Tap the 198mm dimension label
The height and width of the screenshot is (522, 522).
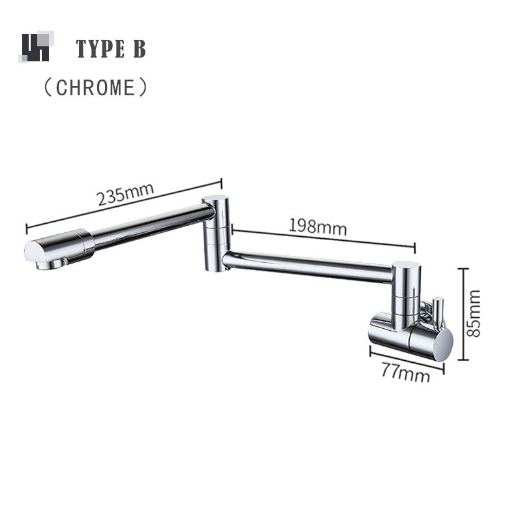(x=318, y=226)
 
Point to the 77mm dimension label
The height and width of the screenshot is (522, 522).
(x=405, y=374)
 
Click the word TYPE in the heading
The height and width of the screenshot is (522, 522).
(x=99, y=48)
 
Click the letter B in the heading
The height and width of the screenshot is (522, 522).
(x=139, y=48)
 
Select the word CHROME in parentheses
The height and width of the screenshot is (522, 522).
(x=95, y=87)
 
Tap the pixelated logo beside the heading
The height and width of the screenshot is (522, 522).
(x=36, y=47)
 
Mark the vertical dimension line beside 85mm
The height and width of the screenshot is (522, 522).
(x=463, y=313)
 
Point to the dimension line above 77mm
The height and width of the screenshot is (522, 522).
(x=407, y=359)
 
